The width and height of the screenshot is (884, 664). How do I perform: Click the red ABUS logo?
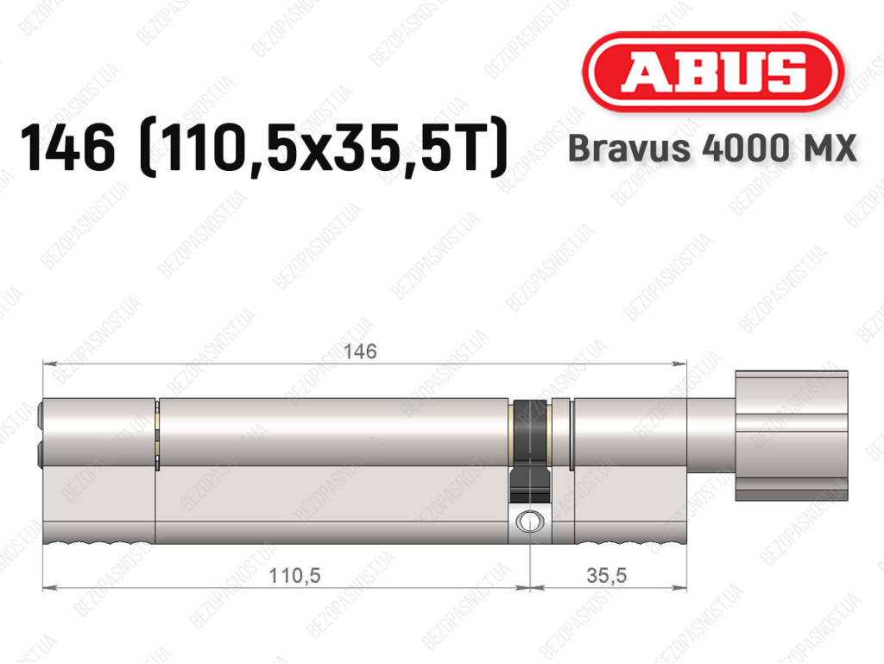click(712, 72)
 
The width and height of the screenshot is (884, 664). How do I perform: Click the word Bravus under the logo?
click(629, 149)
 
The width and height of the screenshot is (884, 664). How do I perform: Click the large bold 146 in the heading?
click(67, 149)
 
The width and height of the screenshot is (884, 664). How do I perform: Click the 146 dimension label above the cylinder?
click(360, 351)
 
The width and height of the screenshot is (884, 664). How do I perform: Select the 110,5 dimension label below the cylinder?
click(295, 576)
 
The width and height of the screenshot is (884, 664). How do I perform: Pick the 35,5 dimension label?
click(606, 576)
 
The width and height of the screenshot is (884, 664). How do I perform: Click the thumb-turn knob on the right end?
click(791, 436)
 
